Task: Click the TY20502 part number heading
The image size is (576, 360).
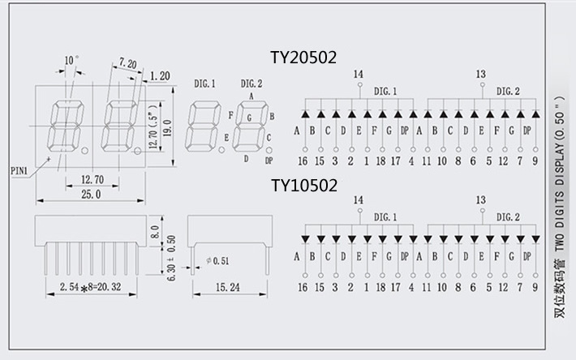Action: [304, 58]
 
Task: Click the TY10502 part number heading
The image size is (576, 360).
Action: [304, 186]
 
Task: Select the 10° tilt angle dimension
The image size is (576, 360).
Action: [71, 60]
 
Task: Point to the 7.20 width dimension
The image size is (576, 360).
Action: [127, 62]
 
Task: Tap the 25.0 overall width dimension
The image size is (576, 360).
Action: [91, 195]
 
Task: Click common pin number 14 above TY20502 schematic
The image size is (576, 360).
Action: [358, 75]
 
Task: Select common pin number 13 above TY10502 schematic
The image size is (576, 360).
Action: [481, 199]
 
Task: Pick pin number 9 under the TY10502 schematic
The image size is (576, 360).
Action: [535, 287]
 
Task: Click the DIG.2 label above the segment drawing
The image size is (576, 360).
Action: [251, 84]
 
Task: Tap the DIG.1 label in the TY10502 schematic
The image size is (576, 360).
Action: [385, 216]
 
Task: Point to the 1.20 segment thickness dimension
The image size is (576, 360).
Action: [159, 75]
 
